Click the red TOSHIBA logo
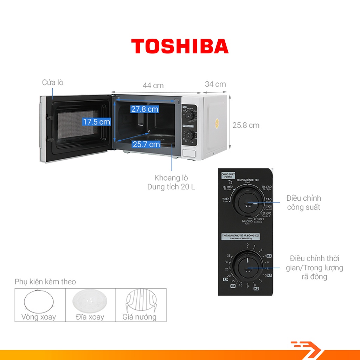(180, 46)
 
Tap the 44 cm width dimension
(153, 85)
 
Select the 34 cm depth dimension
(216, 84)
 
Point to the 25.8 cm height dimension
(246, 125)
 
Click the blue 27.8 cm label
(144, 109)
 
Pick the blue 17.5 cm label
(96, 122)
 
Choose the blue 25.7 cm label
(146, 144)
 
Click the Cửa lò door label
(53, 83)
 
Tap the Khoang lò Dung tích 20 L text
(171, 182)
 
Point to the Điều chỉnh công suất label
(303, 203)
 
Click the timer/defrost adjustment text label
(314, 268)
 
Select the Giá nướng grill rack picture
(140, 301)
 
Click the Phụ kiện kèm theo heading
(45, 282)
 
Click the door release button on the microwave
(190, 153)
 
